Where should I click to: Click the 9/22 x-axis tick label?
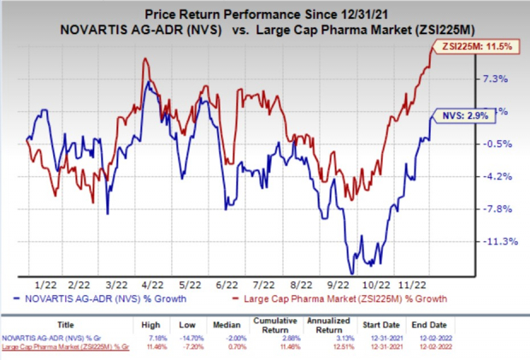point(339,284)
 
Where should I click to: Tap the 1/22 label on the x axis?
point(39,284)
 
